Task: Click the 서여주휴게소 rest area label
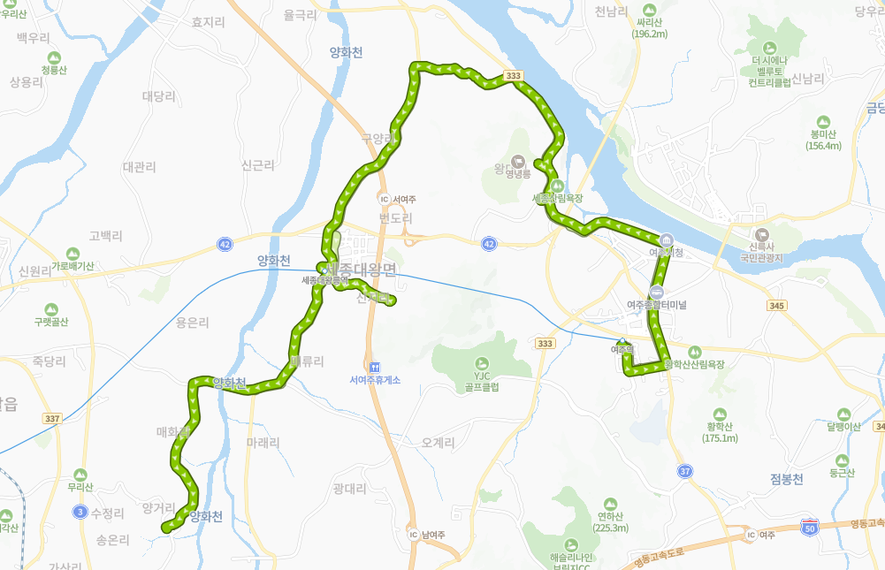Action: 375,380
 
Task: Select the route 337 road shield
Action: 52,419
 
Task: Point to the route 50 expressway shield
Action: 809,528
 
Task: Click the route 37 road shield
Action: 686,471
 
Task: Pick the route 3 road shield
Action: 80,512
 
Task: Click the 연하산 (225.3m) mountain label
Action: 612,522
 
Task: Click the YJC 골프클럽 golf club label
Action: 481,381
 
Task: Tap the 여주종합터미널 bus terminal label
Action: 656,304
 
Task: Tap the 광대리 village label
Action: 350,488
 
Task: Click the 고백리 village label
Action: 105,236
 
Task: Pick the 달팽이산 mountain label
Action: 843,426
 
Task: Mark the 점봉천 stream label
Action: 786,479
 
